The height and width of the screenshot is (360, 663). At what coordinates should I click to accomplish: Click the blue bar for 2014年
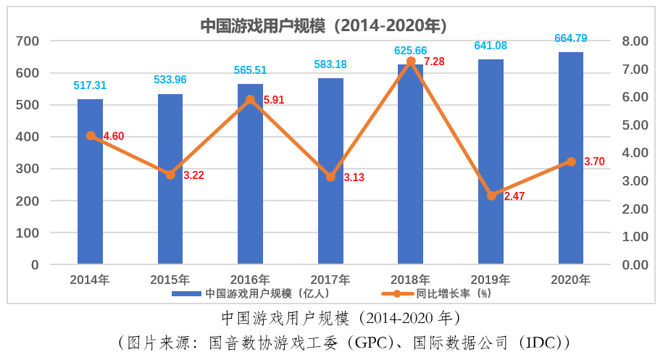91,181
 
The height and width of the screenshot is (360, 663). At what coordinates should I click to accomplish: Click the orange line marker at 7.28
411,62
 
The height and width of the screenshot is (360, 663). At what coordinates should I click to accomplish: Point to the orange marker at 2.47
491,196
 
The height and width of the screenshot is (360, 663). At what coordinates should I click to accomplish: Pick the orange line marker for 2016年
251,99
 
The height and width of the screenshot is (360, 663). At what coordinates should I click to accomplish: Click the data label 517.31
90,85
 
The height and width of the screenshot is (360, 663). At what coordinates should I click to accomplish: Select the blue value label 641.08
491,46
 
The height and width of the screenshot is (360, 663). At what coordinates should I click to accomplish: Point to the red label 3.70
593,162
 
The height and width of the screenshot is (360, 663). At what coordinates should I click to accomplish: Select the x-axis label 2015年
170,280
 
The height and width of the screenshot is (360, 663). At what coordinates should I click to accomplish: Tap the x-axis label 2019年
491,280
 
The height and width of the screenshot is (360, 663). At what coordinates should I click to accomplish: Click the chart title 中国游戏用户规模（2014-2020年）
323,26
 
